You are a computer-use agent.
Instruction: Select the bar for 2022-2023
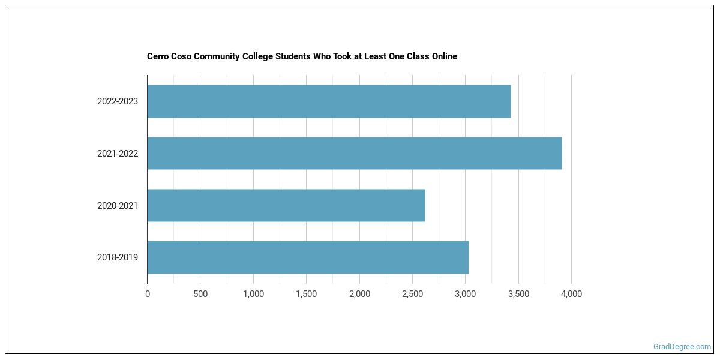coord(329,101)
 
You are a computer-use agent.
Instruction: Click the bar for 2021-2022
coord(354,154)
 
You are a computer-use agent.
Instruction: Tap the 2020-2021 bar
coord(286,206)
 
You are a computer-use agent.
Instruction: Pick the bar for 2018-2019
coord(308,257)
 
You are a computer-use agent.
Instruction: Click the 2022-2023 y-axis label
coord(118,101)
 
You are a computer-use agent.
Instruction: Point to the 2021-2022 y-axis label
coord(118,154)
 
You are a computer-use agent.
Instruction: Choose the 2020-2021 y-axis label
coord(118,206)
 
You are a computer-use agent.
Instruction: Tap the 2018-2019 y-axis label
coord(118,257)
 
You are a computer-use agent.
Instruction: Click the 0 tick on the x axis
coord(148,294)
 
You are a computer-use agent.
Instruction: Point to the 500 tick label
coord(200,294)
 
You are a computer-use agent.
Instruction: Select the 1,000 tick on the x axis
coord(253,294)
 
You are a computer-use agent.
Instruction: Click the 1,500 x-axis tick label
coord(306,294)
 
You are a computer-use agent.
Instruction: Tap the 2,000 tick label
coord(359,294)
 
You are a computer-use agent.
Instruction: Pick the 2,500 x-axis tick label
coord(412,294)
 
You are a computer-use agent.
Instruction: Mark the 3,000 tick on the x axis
coord(465,294)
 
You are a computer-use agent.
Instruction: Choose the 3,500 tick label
coord(518,294)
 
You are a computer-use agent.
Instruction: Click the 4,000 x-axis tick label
coord(571,294)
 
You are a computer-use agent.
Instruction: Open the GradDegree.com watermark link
coord(682,347)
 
